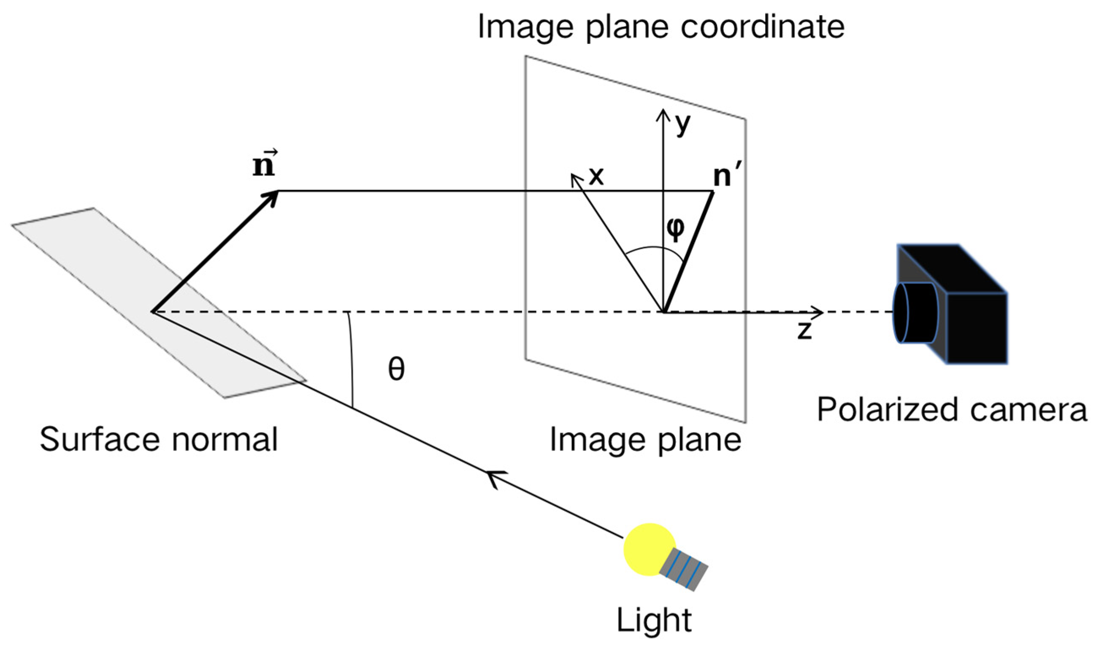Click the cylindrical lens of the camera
click(x=915, y=312)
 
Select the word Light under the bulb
click(x=654, y=620)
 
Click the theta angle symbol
click(x=396, y=368)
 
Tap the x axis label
click(x=596, y=177)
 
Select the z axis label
click(x=804, y=330)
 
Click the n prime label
click(x=726, y=177)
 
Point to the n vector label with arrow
click(x=264, y=164)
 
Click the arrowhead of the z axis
click(x=818, y=312)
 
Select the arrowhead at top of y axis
click(x=663, y=114)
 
